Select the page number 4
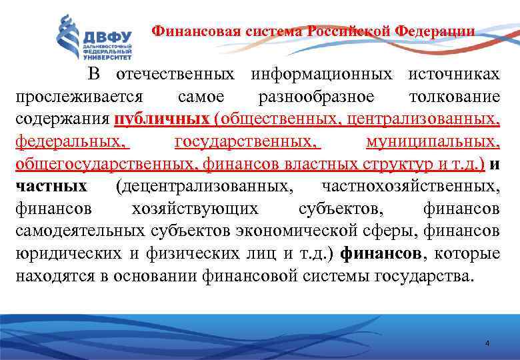coord(487,343)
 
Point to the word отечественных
coord(175,74)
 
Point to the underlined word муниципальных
coord(433,141)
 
